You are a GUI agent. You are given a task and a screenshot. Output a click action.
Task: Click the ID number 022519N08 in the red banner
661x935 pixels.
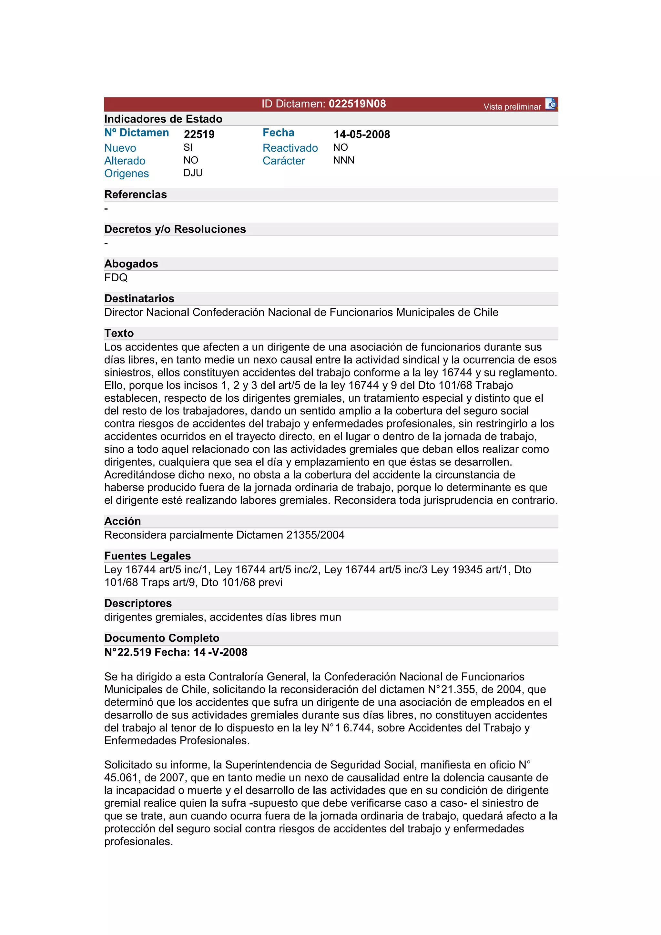point(357,104)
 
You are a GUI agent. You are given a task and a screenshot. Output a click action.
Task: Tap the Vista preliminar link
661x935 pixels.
point(512,107)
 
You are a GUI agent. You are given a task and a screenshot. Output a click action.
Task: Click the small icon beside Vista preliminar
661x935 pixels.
point(551,104)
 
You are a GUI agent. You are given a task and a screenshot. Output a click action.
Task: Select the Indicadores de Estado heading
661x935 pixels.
point(163,119)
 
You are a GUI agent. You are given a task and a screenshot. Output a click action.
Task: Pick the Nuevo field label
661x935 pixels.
point(120,148)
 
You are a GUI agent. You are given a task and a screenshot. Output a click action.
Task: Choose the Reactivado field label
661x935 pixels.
point(290,148)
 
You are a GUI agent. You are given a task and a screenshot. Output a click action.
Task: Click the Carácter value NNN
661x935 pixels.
point(344,160)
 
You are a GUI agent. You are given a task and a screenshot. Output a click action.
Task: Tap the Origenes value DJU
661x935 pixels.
point(193,173)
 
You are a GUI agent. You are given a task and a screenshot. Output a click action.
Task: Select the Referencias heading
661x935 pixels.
point(136,195)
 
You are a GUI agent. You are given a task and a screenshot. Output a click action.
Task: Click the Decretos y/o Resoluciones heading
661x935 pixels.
point(175,229)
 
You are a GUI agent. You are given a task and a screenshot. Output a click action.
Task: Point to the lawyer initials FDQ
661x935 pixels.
point(116,278)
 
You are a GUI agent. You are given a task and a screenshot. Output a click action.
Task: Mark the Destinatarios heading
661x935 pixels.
point(139,298)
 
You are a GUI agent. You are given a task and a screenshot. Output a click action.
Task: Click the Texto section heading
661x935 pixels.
point(119,333)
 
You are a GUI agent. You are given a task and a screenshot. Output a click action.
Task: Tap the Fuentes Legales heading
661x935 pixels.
point(147,556)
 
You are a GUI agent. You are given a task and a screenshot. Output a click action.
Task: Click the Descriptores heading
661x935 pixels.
point(138,603)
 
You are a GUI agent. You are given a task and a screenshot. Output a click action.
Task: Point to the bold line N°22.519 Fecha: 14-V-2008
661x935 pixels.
point(176,652)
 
